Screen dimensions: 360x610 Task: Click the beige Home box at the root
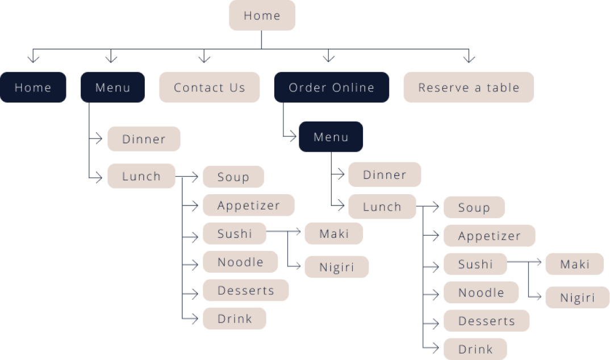262,15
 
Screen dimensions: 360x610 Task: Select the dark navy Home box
33,87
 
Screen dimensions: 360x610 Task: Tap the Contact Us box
209,87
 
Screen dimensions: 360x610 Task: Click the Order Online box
331,87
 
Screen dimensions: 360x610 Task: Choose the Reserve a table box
469,87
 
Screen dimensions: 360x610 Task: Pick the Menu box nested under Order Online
331,137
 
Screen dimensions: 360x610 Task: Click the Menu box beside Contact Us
112,87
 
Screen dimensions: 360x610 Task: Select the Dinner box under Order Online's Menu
385,175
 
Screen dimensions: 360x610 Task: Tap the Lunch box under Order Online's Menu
382,207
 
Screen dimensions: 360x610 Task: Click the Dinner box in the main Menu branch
144,139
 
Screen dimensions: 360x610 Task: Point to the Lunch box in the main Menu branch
141,176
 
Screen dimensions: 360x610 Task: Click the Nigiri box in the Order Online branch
577,298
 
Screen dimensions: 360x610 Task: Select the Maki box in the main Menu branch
333,233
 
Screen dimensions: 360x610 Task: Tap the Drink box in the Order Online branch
475,349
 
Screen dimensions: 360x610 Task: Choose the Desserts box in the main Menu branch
245,290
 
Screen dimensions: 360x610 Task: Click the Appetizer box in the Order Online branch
489,236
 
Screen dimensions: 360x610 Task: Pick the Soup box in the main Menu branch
233,177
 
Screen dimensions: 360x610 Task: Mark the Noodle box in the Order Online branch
481,292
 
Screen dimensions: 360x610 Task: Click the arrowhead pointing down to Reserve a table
469,58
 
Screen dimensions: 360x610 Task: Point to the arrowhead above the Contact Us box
204,58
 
